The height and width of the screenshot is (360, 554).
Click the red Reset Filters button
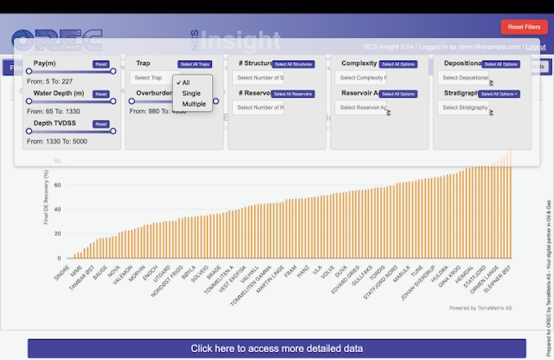523,28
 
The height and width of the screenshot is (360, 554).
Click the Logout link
535,47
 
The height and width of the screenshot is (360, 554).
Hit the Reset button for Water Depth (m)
101,93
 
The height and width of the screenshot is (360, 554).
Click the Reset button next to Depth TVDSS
101,125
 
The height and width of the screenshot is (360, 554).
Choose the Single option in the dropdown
191,93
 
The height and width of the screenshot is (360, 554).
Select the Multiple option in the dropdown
194,104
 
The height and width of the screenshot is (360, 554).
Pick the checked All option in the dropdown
185,83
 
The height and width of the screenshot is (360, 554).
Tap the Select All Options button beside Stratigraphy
500,93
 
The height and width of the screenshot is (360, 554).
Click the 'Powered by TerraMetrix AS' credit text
481,307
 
